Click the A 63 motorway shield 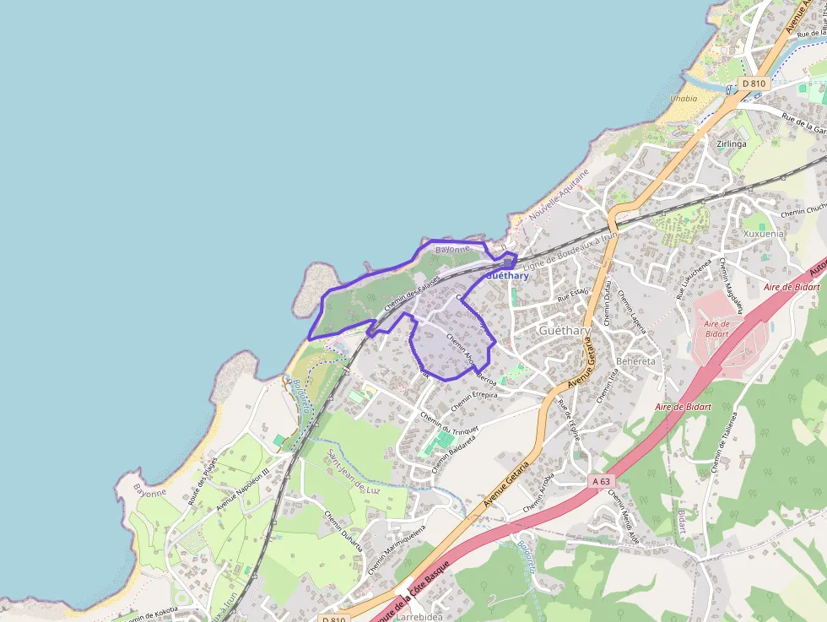(600, 480)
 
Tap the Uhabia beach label (684, 99)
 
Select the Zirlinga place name (731, 143)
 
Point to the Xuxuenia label (763, 233)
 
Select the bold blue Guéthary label (508, 276)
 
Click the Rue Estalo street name (572, 295)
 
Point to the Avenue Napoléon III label (242, 489)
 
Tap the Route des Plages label (203, 480)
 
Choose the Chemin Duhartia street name (343, 532)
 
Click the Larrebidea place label (419, 617)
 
